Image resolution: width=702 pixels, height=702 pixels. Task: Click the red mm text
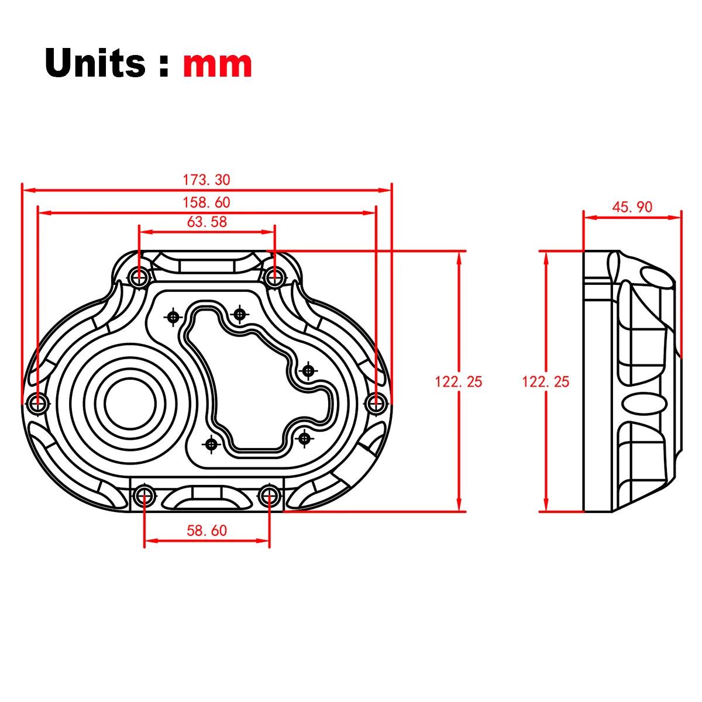(x=218, y=64)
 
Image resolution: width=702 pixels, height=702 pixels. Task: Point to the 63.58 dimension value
(x=207, y=222)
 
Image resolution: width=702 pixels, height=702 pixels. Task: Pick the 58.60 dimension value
(x=207, y=531)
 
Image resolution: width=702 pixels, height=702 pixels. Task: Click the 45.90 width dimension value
(x=632, y=207)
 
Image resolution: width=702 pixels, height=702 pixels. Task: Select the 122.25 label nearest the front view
(x=459, y=381)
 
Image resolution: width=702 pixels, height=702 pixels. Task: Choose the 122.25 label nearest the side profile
(x=545, y=381)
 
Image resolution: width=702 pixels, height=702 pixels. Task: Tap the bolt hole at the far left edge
(x=39, y=402)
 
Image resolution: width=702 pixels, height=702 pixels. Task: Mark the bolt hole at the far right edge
(x=376, y=402)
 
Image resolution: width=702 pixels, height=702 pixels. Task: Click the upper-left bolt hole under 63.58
(x=139, y=277)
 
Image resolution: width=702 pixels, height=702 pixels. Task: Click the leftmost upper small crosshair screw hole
(x=173, y=316)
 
